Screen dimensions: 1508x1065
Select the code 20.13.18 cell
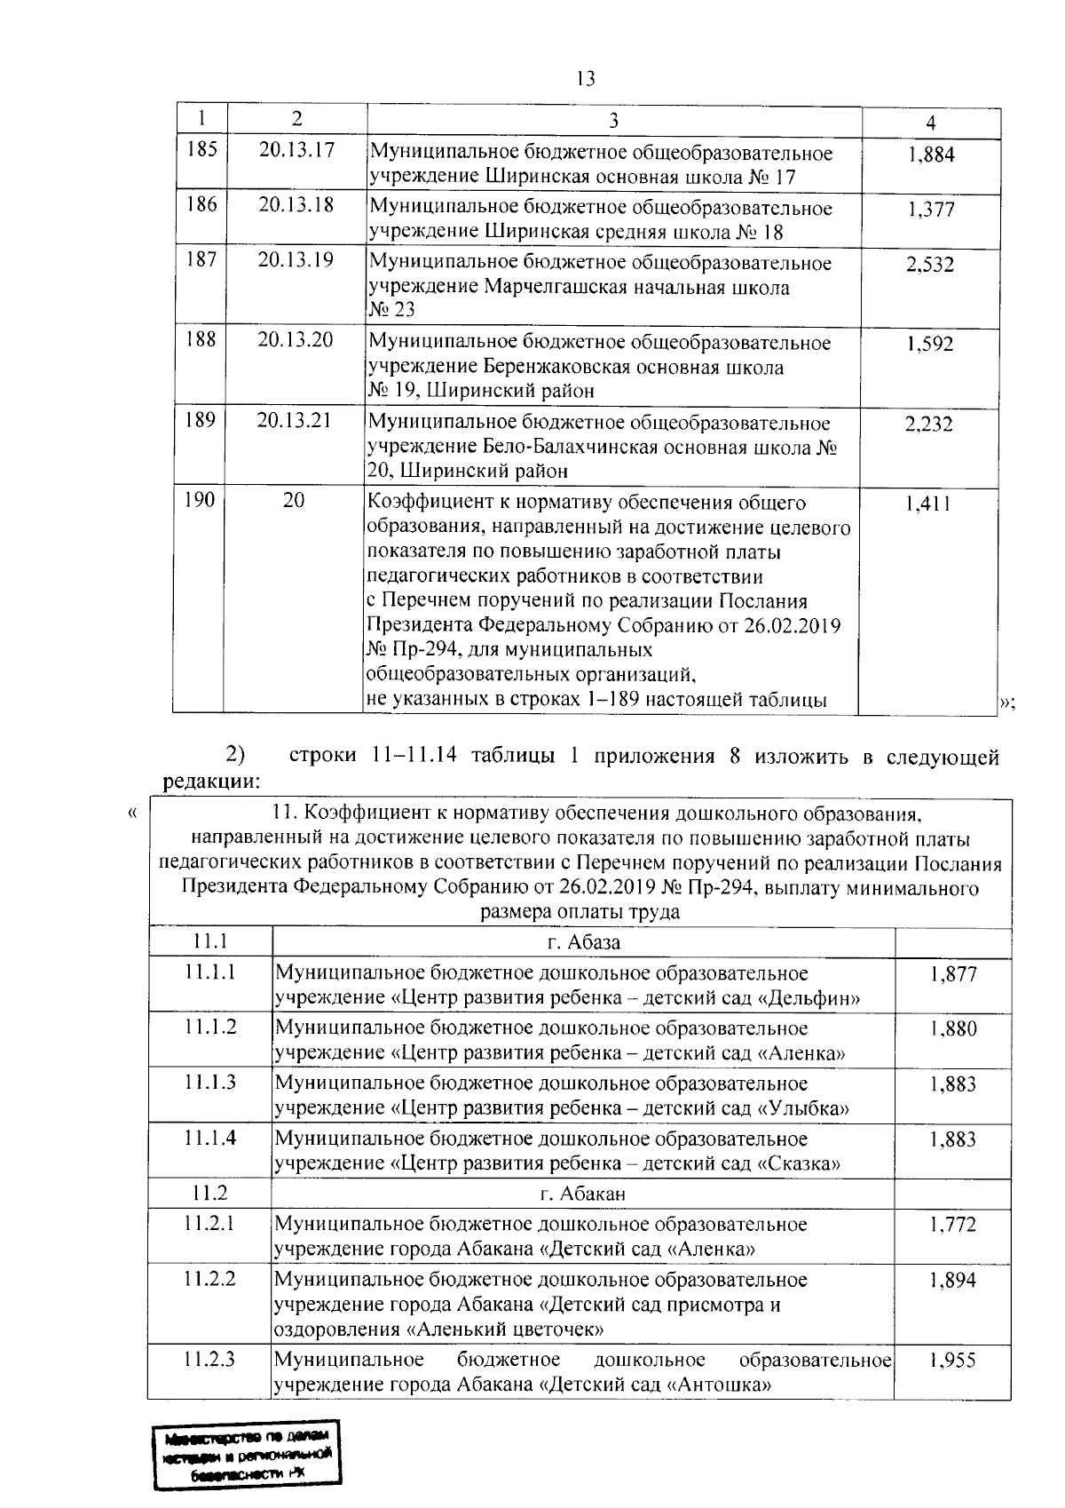296,205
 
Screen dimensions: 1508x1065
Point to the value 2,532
929,265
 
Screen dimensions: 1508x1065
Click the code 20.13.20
295,340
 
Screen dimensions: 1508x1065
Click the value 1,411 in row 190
927,504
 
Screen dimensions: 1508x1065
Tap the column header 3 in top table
613,121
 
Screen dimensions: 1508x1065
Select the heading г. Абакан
582,1194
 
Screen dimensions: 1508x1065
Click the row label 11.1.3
210,1082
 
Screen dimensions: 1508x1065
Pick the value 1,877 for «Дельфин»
953,974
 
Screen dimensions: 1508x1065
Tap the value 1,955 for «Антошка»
952,1361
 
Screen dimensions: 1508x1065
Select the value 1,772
953,1225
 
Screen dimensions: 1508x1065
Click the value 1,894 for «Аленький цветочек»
953,1281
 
